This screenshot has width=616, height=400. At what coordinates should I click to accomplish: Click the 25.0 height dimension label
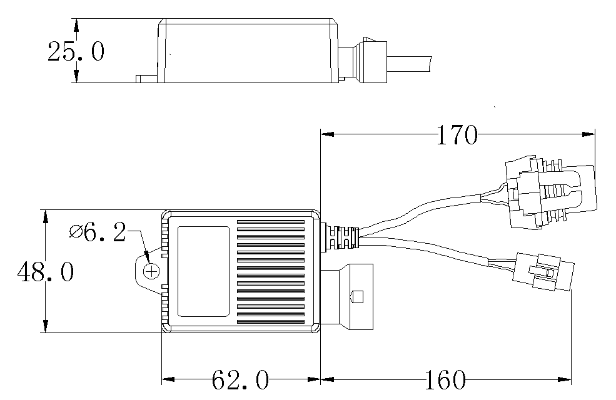point(76,51)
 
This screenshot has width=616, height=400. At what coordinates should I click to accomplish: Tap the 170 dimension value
point(457,134)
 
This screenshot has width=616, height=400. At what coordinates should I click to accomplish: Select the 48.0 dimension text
point(46,272)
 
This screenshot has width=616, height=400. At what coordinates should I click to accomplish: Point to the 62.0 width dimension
point(240,379)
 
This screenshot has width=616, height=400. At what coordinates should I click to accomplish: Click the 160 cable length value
point(445,379)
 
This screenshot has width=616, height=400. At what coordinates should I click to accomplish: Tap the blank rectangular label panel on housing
point(203,271)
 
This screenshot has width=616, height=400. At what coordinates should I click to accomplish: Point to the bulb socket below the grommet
point(347,297)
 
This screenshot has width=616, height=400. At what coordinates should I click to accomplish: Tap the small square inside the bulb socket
point(358,297)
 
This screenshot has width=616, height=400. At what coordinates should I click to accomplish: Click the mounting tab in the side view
point(147,79)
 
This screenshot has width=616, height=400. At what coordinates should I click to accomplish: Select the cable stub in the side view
point(410,64)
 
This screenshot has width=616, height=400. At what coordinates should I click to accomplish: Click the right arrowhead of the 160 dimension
point(565,379)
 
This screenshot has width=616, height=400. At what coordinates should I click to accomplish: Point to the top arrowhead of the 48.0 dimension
point(46,217)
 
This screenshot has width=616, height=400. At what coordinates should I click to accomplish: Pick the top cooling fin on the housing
point(271,222)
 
